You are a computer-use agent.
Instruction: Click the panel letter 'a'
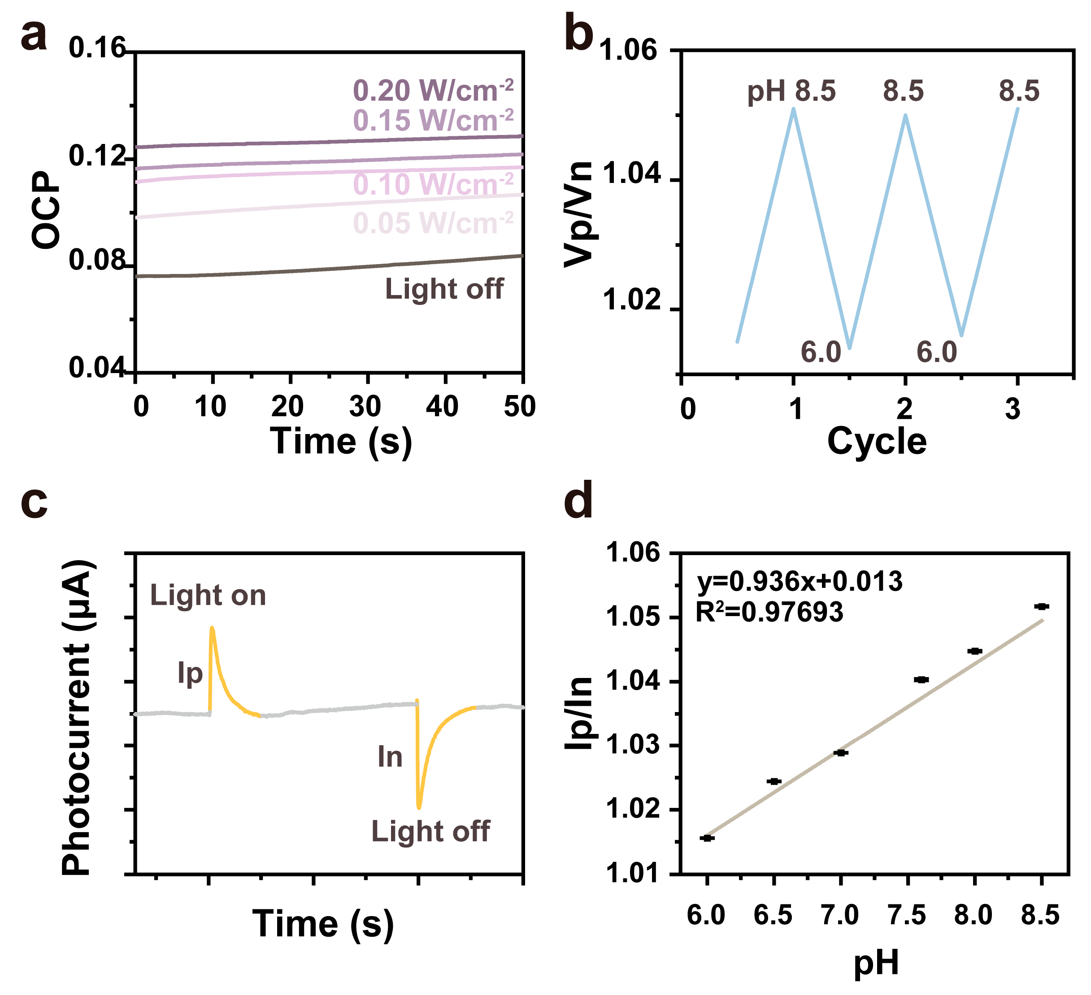(x=34, y=37)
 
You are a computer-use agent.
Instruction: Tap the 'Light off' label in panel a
(x=444, y=289)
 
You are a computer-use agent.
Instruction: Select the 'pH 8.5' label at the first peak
(x=791, y=91)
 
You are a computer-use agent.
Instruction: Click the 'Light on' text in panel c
(x=209, y=595)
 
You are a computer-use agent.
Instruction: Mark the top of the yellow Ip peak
(x=212, y=628)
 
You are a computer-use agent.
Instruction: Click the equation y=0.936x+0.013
(x=800, y=582)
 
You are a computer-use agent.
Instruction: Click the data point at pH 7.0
(x=840, y=752)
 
